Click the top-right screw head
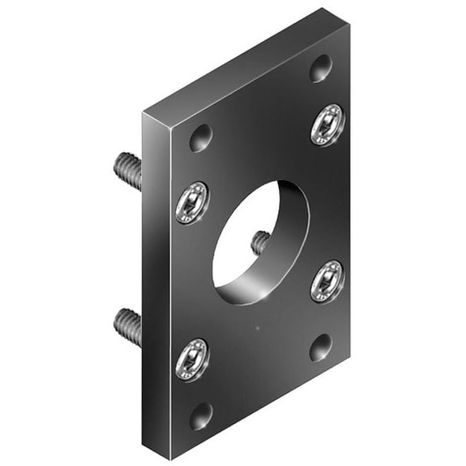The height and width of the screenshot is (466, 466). tap(327, 125)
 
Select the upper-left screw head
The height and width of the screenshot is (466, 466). tap(192, 202)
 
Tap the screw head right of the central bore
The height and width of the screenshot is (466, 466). tap(326, 280)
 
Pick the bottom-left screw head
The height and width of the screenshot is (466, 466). tap(192, 359)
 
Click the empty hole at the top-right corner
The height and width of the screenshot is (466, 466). tap(321, 69)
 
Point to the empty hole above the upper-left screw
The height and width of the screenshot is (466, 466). tap(201, 138)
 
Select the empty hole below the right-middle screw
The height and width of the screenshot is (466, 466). tap(321, 346)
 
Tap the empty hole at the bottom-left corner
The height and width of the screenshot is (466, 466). tap(201, 415)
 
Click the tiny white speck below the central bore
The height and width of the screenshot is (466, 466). tap(258, 325)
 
